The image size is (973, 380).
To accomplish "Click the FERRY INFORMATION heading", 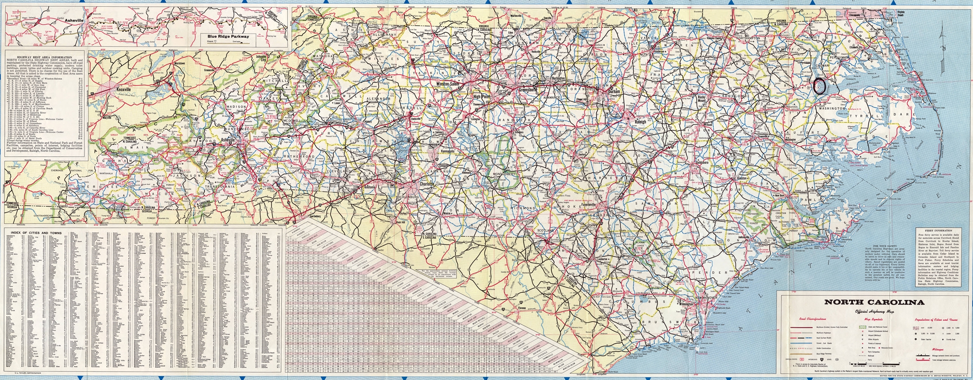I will click(937, 231).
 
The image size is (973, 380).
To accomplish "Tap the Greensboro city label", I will click(527, 89).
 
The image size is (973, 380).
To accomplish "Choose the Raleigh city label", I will click(640, 121).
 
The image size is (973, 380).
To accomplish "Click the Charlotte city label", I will click(427, 183).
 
